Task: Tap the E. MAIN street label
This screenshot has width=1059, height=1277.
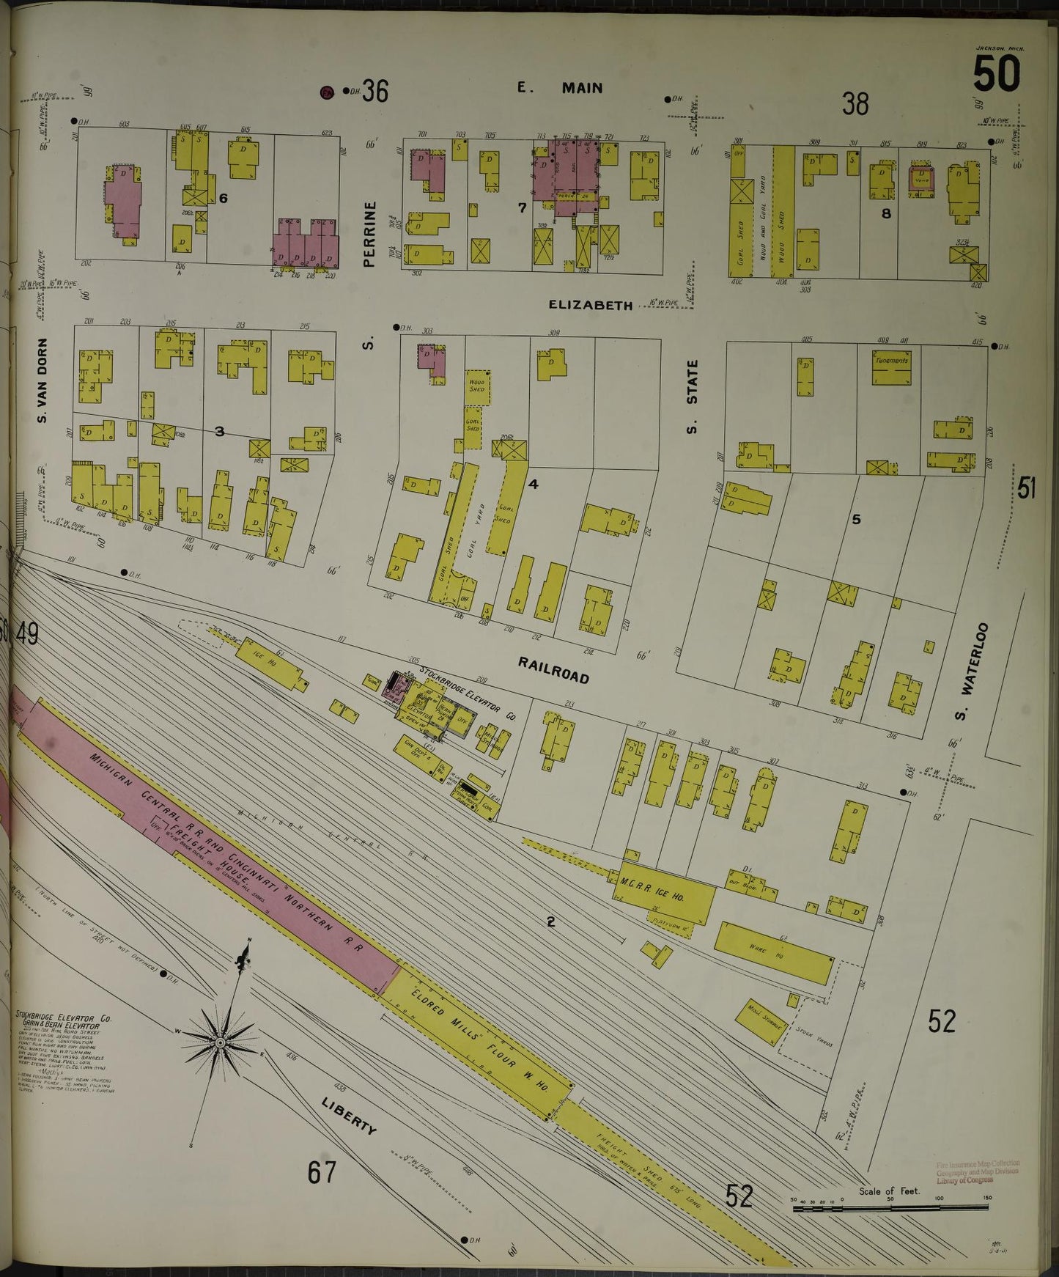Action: click(x=560, y=88)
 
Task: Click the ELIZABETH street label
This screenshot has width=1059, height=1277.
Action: click(x=590, y=305)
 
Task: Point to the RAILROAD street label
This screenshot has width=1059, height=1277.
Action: click(x=553, y=670)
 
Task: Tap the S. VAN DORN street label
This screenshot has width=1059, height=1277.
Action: click(x=42, y=380)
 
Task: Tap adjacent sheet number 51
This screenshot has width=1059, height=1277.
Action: click(x=1026, y=487)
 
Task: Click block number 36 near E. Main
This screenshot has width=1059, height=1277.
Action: click(x=374, y=91)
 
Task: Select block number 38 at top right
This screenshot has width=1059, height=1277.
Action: click(x=855, y=104)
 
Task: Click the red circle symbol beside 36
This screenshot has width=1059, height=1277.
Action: click(x=327, y=92)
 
